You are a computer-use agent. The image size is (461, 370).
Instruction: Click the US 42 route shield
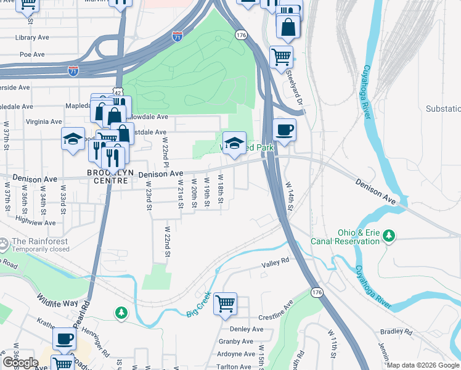click(117, 91)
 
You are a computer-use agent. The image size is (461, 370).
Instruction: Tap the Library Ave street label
click(34, 38)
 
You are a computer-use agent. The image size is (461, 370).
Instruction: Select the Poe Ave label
click(32, 54)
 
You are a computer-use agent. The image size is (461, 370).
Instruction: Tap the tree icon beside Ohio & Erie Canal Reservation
click(388, 235)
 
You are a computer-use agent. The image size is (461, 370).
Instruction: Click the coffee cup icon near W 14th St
click(284, 130)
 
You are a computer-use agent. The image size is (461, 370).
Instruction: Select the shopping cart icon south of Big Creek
click(226, 303)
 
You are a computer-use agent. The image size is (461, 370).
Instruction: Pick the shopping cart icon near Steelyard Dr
click(281, 57)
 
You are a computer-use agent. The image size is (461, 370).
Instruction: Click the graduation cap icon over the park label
click(234, 144)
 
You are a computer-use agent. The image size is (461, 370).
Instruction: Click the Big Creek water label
click(199, 305)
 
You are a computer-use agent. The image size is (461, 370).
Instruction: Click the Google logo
click(20, 362)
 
